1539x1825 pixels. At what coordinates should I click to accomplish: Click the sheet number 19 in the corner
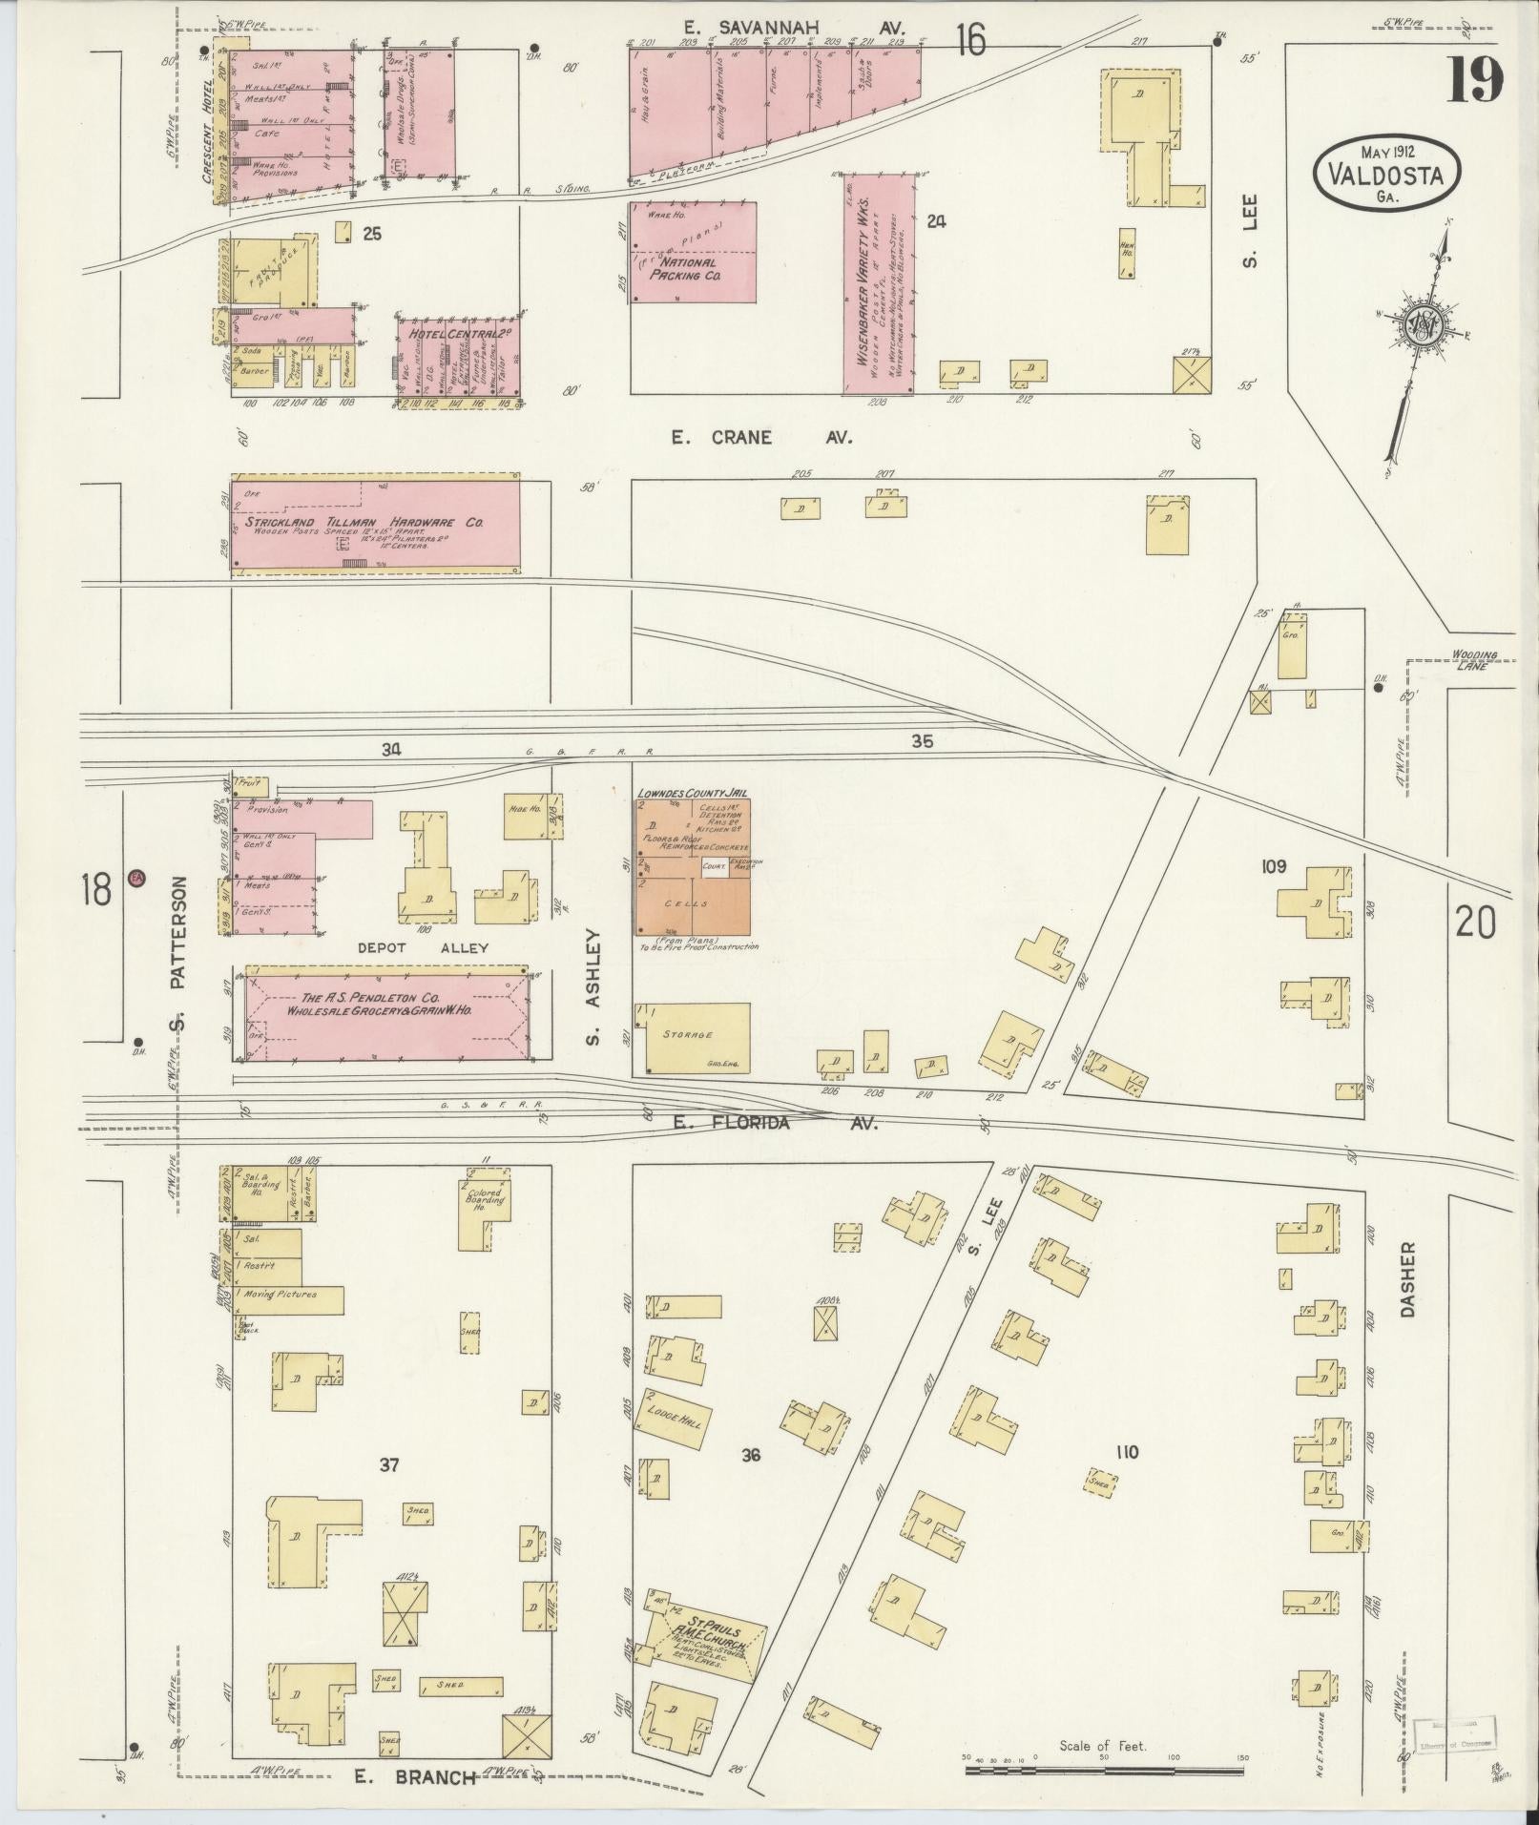point(1475,79)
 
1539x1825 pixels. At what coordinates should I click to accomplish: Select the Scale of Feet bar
point(1104,1771)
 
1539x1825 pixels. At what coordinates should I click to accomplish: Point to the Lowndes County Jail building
point(693,865)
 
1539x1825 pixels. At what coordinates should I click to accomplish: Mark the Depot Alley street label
point(424,947)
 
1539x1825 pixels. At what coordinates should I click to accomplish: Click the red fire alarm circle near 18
point(136,877)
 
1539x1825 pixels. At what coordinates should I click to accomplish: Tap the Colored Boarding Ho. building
point(485,1204)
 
